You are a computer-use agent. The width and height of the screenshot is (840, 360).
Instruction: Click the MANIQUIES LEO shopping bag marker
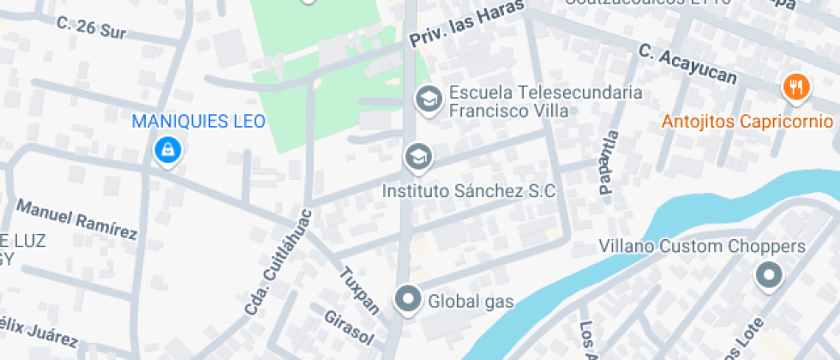point(167,151)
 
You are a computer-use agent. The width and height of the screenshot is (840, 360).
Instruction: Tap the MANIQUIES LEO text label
point(198,121)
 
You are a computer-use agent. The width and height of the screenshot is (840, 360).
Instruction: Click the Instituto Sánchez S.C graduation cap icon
point(418,157)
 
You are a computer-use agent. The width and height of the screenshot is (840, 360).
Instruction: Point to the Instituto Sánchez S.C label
point(469,190)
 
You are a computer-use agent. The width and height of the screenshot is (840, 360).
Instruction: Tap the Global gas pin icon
point(408,300)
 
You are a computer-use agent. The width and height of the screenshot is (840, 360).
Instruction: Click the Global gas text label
point(471,301)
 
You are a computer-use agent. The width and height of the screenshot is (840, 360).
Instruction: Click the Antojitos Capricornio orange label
point(747,121)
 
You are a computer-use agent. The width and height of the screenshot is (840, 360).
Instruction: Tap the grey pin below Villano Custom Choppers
point(768,276)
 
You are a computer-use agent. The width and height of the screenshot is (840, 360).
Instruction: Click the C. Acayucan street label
point(687,65)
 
